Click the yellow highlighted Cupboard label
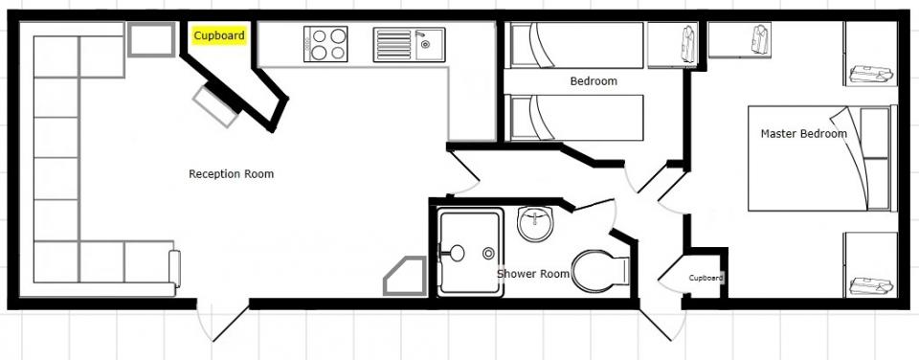click(219, 35)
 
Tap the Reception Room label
click(231, 174)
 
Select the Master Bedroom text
click(803, 134)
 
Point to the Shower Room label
click(533, 274)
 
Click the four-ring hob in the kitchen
click(325, 44)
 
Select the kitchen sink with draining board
click(409, 45)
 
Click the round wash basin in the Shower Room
click(534, 223)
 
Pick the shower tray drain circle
click(488, 254)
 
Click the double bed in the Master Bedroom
click(819, 158)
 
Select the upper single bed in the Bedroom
click(576, 45)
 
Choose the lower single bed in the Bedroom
click(576, 118)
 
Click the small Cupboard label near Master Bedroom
click(706, 278)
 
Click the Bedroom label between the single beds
click(594, 81)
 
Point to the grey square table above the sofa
click(151, 39)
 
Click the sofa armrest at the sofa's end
click(174, 268)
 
